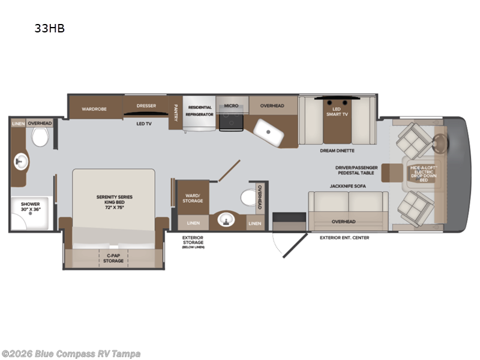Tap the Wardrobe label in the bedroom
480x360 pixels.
pos(94,109)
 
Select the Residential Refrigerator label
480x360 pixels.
pos(199,110)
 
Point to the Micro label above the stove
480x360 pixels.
pos(231,106)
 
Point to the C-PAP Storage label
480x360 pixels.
pos(113,258)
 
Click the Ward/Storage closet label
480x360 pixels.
pos(193,197)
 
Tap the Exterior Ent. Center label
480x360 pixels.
pos(344,238)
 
